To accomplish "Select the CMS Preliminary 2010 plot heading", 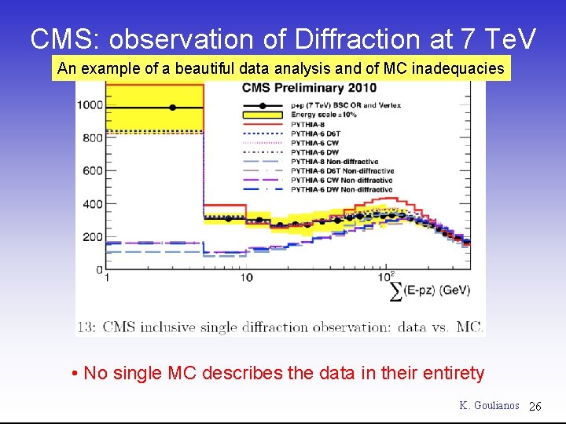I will [x=309, y=88].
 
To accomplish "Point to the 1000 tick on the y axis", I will [x=90, y=105].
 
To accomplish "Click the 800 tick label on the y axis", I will [x=93, y=138].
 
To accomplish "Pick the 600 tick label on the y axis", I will [x=93, y=171].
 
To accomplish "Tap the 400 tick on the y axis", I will [x=93, y=204].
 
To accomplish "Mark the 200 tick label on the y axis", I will [x=93, y=237].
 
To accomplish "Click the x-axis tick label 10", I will [x=245, y=277].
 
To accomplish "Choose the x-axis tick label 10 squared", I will [x=385, y=276].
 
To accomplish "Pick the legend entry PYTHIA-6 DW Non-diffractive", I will [x=341, y=189].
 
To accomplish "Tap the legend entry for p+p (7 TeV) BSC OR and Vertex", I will [x=345, y=105].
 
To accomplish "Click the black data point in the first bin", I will [x=172, y=107].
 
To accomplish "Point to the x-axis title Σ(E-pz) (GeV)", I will [x=431, y=290].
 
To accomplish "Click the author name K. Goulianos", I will [x=489, y=405].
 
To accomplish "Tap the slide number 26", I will [x=535, y=406].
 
